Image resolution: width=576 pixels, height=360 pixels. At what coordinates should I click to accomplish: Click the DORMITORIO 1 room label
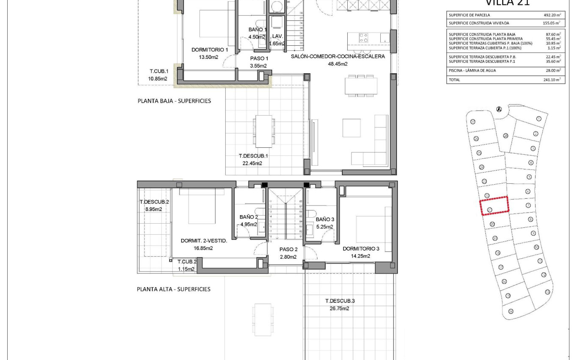[x=210, y=50]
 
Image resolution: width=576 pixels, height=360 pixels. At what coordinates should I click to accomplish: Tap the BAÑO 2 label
[x=249, y=217]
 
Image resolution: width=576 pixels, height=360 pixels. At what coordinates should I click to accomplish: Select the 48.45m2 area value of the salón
[x=338, y=64]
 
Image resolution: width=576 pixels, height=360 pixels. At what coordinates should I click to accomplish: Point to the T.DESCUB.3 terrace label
[x=340, y=301]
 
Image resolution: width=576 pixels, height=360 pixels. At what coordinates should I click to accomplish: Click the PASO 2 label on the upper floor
[x=288, y=249]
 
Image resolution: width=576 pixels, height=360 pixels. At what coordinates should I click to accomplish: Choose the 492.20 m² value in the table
[x=552, y=15]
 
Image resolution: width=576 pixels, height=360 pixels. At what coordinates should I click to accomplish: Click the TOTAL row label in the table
[x=454, y=80]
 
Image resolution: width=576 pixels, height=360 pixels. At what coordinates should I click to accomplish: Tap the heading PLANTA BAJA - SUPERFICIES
[x=174, y=101]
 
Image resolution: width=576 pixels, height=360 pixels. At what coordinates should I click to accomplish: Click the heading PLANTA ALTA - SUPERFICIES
[x=174, y=289]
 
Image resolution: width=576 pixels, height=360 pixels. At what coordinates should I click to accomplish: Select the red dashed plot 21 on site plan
[x=494, y=206]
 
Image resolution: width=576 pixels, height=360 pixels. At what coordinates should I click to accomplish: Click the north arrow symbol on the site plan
[x=499, y=109]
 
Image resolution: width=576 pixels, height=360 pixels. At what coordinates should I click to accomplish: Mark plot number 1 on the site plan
[x=538, y=119]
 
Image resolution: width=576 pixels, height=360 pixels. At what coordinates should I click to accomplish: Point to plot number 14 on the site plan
[x=511, y=311]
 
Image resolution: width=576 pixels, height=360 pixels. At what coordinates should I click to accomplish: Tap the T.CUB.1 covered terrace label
[x=158, y=71]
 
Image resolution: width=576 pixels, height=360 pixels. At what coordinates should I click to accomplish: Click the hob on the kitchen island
[x=363, y=38]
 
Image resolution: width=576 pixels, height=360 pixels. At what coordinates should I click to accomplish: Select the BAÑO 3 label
[x=325, y=219]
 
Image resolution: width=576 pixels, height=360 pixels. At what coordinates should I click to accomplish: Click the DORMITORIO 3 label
[x=361, y=249]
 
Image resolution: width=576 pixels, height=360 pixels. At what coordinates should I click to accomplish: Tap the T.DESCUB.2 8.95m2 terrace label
[x=154, y=205]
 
